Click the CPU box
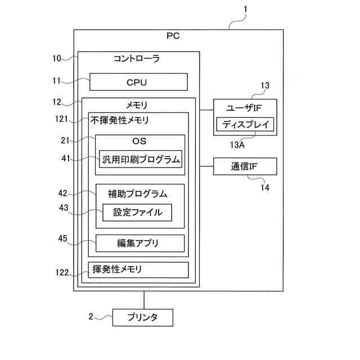tap(138, 82)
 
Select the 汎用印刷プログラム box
tap(141, 159)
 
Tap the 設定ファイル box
tap(137, 213)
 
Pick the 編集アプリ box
tap(140, 243)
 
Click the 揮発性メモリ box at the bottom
tap(138, 270)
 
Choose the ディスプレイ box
tap(245, 124)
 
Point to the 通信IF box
tap(245, 166)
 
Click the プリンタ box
tap(142, 317)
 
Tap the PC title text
tap(173, 36)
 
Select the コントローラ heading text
tap(137, 58)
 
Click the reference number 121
tap(61, 119)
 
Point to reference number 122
tap(62, 272)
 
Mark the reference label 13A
tap(237, 145)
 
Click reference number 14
tap(265, 187)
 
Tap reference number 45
tap(62, 238)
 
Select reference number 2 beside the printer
tap(91, 316)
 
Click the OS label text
tap(139, 141)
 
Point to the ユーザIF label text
tap(244, 107)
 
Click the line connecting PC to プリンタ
tap(144, 300)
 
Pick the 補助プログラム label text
tap(137, 194)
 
